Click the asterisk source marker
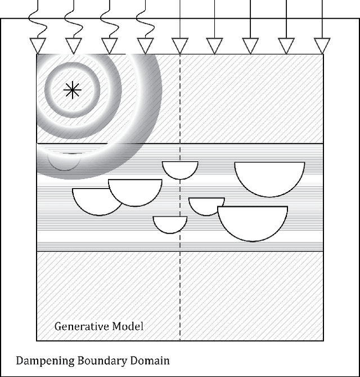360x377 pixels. [72, 90]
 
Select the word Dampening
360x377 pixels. [42, 360]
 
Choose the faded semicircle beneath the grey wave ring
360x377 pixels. [63, 160]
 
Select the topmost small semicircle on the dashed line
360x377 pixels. [180, 169]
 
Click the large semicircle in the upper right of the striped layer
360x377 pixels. [269, 177]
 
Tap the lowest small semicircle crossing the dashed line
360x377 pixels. [170, 223]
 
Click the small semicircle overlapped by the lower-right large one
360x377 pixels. [204, 204]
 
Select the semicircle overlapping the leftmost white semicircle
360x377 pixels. [135, 190]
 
